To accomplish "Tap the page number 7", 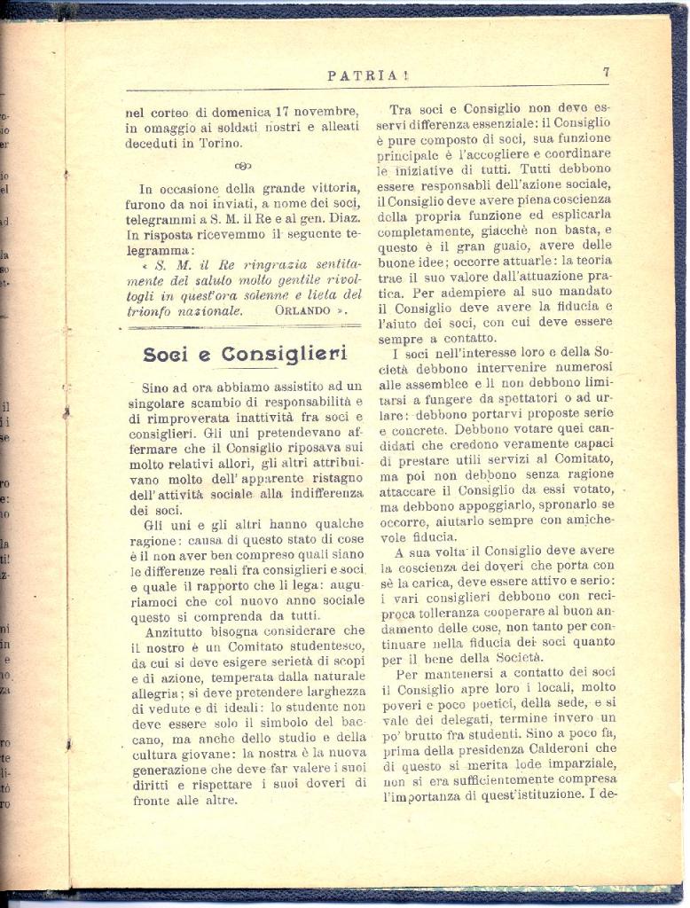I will pyautogui.click(x=606, y=73).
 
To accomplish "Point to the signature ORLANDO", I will pyautogui.click(x=302, y=311).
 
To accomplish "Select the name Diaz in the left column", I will pyautogui.click(x=341, y=219).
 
